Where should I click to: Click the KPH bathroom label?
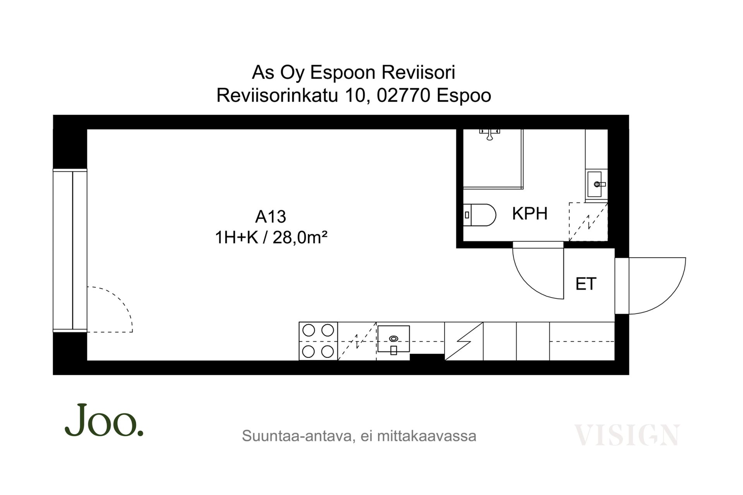tap(530, 214)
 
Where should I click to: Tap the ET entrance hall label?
tap(586, 284)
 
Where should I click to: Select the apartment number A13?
tap(270, 217)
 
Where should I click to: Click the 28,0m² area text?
tap(300, 237)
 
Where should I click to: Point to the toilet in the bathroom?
tap(480, 215)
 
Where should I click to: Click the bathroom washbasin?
tap(595, 184)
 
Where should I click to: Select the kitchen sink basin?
tap(394, 339)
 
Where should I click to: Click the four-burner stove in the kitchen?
tap(318, 341)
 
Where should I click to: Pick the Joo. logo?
tap(104, 420)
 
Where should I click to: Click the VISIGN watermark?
tap(627, 435)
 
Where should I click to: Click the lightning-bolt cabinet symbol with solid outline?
tap(464, 341)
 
